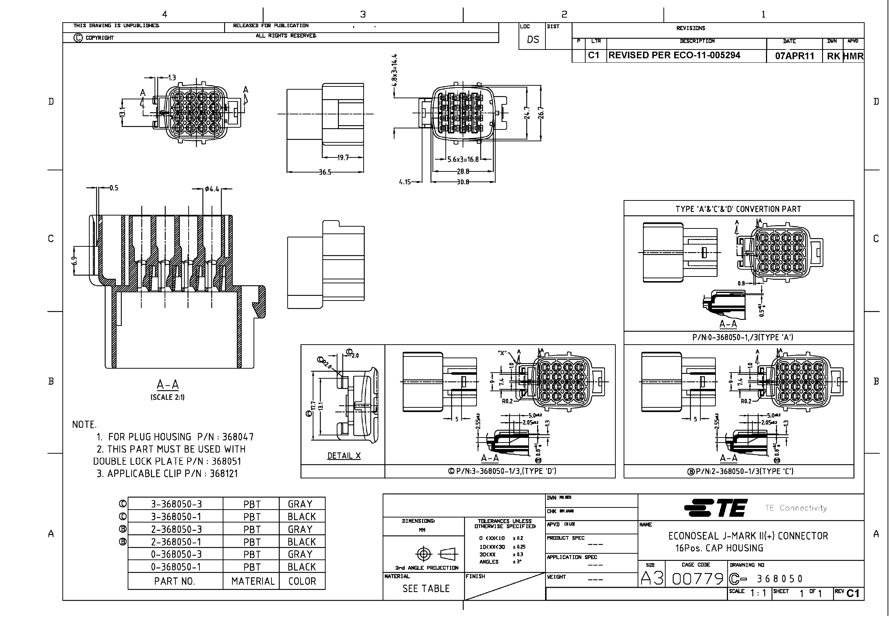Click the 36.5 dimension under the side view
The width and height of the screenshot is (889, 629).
click(325, 172)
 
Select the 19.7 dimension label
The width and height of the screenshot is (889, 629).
click(343, 158)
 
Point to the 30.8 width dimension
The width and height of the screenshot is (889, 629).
click(463, 182)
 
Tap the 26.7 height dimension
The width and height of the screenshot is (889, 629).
click(541, 113)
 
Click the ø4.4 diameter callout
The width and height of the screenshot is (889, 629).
click(212, 189)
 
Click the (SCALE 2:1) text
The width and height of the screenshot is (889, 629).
click(167, 397)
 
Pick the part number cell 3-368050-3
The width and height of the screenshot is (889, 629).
click(176, 504)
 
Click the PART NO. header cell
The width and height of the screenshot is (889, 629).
click(175, 581)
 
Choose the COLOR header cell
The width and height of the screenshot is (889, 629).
click(302, 581)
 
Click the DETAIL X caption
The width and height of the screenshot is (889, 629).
click(344, 455)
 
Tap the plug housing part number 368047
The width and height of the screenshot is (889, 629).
click(238, 437)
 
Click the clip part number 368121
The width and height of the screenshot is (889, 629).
click(224, 473)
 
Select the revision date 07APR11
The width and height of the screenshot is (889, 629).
click(794, 56)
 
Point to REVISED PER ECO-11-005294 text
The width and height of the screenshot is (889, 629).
click(674, 55)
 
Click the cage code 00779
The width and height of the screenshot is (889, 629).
click(697, 579)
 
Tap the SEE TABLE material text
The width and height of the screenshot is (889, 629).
click(426, 588)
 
